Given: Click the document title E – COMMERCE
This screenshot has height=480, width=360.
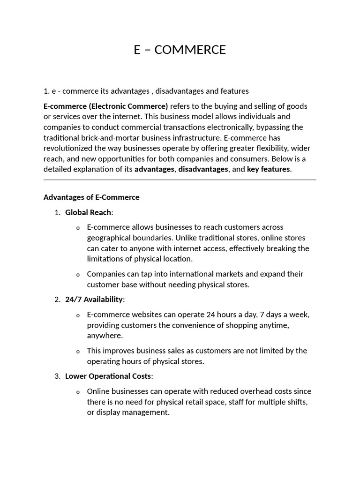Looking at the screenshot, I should (180, 50).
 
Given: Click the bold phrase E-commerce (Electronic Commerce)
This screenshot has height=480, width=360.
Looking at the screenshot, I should (105, 106).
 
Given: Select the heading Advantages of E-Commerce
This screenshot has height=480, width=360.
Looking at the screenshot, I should (91, 197).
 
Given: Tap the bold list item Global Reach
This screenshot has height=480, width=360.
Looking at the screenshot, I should (88, 212).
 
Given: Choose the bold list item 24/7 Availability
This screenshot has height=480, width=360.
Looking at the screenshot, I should (94, 299).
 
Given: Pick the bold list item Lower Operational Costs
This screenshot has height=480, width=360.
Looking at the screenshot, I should (108, 376).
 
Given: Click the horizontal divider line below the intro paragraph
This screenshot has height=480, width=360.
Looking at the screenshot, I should (180, 180).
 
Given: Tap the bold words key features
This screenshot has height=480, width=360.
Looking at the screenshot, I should (268, 169).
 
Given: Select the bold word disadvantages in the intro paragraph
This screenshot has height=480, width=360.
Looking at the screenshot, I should (203, 169).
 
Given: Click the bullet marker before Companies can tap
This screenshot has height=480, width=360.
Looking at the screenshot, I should (78, 275).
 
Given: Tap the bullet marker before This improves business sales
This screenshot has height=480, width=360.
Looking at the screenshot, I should (78, 352).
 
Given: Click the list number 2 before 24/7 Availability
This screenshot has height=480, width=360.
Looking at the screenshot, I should (57, 299).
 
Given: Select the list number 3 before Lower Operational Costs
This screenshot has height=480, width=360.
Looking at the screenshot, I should (57, 376).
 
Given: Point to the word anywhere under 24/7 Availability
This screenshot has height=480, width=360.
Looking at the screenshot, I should (105, 335).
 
